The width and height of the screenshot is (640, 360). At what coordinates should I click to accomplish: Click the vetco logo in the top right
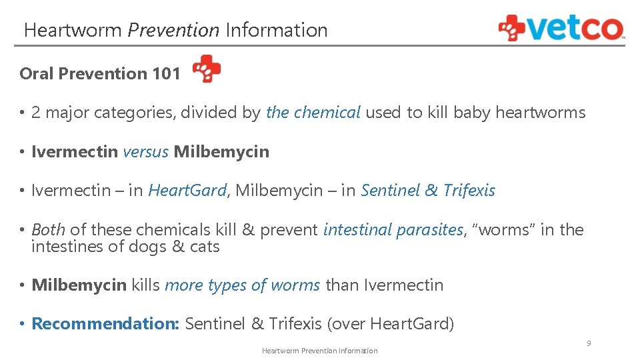[x=561, y=28]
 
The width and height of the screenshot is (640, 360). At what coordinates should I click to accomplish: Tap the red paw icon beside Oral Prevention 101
[x=207, y=69]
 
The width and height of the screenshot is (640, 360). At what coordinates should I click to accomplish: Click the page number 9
[x=589, y=343]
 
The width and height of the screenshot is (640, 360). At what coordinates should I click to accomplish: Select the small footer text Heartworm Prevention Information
[x=319, y=351]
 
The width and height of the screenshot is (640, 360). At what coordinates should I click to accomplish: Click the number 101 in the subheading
[x=166, y=74]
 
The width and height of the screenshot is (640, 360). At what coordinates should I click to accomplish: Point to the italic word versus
[x=145, y=152]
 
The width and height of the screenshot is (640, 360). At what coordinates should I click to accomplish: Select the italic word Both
[x=48, y=230]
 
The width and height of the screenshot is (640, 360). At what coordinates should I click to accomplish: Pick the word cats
[x=204, y=247]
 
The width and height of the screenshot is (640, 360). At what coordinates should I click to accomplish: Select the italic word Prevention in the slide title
[x=173, y=31]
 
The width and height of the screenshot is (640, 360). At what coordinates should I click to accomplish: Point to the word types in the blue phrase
[x=227, y=285]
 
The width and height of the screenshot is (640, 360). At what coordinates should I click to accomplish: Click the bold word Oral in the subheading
[x=37, y=74]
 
